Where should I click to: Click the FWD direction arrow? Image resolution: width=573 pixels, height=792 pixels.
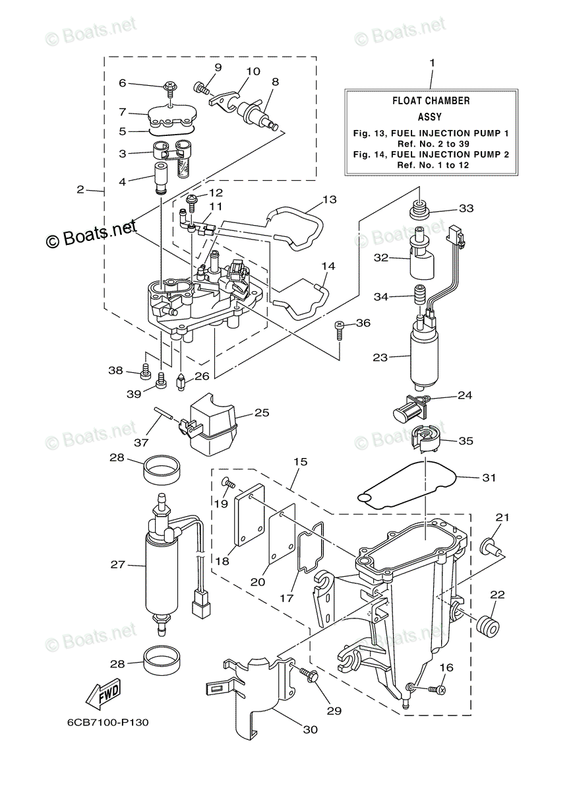[103, 695]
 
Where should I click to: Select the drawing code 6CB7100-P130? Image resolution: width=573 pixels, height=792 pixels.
[107, 722]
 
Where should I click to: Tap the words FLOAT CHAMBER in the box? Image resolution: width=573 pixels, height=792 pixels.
[431, 101]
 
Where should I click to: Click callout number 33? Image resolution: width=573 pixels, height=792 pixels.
[466, 209]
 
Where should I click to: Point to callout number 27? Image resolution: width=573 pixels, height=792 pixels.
[117, 564]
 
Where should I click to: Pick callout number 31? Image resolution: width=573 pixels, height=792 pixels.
[489, 477]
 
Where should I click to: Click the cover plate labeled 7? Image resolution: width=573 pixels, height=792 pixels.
[171, 117]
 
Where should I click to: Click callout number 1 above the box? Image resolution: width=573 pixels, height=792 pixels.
[432, 63]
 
